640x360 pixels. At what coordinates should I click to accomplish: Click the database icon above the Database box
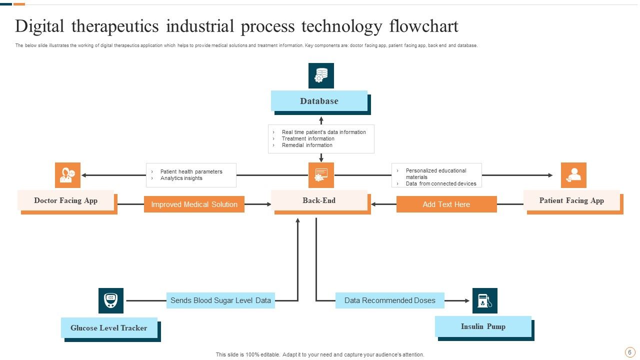pyautogui.click(x=321, y=75)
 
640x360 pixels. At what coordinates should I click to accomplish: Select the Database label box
pyautogui.click(x=319, y=101)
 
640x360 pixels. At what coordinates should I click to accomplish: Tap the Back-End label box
pyautogui.click(x=319, y=200)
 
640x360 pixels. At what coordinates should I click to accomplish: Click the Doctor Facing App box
pyautogui.click(x=65, y=200)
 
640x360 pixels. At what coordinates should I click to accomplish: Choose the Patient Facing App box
pyautogui.click(x=571, y=200)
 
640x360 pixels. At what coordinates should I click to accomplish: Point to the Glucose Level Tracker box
pyautogui.click(x=109, y=328)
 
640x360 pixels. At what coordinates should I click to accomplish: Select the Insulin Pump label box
pyautogui.click(x=483, y=326)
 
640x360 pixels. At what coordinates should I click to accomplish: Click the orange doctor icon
pyautogui.click(x=67, y=175)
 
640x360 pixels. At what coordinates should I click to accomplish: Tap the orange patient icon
pyautogui.click(x=573, y=175)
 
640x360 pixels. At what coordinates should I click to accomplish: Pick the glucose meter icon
pyautogui.click(x=111, y=301)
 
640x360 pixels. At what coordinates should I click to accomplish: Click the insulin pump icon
pyautogui.click(x=484, y=301)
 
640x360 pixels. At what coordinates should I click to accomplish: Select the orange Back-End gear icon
pyautogui.click(x=321, y=175)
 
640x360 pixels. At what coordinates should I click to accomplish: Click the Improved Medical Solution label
pyautogui.click(x=194, y=204)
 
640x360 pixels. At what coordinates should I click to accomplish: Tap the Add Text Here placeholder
pyautogui.click(x=446, y=204)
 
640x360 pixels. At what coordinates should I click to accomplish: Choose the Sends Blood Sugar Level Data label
pyautogui.click(x=220, y=300)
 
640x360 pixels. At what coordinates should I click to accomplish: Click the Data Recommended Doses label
pyautogui.click(x=390, y=300)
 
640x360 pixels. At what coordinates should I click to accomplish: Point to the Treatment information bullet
pyautogui.click(x=308, y=139)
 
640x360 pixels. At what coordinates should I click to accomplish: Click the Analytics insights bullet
pyautogui.click(x=181, y=178)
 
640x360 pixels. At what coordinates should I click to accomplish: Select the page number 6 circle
pyautogui.click(x=629, y=352)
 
